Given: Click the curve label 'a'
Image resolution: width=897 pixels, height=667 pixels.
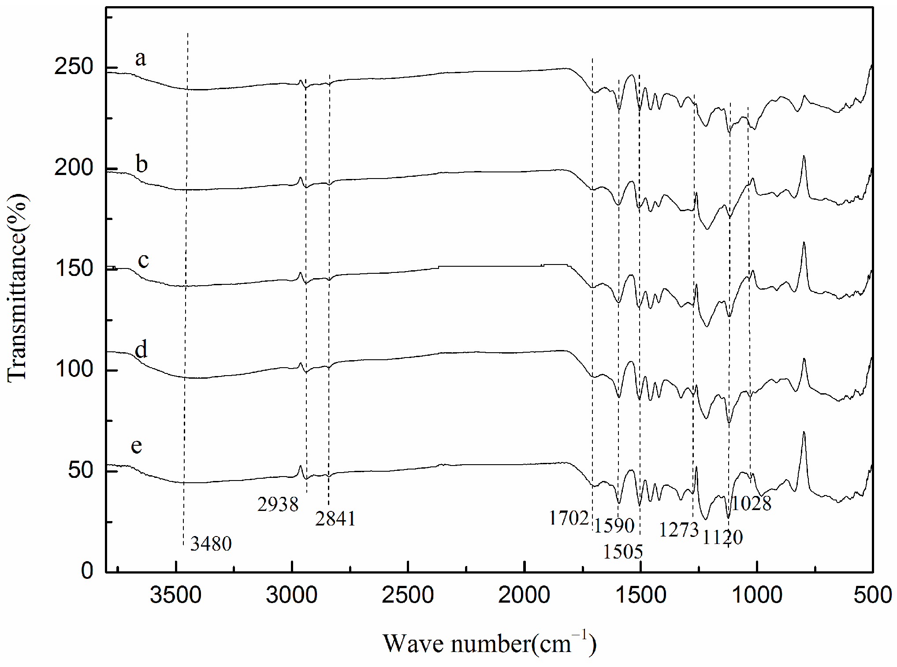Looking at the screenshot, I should click(140, 59).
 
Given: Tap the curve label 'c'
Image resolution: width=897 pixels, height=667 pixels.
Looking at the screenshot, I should click(143, 260).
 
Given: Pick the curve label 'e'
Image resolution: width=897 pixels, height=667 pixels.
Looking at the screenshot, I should click(137, 446).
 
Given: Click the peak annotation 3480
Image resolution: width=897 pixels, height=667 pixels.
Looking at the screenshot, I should click(211, 544).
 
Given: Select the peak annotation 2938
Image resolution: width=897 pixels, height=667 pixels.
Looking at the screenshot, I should click(278, 504).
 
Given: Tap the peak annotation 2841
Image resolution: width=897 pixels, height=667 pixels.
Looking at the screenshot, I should click(335, 519).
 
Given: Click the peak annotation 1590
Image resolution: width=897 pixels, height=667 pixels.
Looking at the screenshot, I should click(614, 526).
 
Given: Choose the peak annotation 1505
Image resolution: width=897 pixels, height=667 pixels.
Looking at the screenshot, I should click(623, 551).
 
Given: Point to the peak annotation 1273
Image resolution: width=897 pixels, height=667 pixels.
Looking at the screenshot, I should click(679, 529).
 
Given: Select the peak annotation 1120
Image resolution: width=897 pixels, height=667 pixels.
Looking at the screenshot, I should click(722, 537).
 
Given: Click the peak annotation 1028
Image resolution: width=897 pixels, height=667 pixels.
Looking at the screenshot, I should click(751, 503).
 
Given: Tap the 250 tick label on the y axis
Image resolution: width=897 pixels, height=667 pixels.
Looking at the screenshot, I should click(74, 67).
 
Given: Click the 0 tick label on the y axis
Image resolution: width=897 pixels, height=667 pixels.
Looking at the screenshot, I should click(87, 571).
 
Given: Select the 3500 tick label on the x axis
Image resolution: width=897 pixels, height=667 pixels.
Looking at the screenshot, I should click(175, 596).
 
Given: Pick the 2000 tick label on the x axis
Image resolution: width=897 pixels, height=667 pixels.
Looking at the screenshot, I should click(525, 596).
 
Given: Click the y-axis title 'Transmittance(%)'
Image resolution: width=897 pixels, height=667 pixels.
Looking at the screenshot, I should click(18, 289).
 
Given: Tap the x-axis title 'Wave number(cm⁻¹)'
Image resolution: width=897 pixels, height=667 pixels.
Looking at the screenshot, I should click(489, 644).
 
